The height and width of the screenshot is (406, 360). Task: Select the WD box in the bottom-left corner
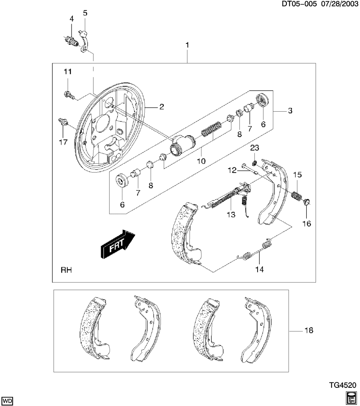click(8, 400)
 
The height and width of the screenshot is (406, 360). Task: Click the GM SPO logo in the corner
click(351, 398)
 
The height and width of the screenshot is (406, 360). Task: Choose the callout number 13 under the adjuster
click(230, 215)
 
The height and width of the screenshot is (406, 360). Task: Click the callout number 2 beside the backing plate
click(161, 107)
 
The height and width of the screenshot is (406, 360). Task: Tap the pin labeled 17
click(63, 123)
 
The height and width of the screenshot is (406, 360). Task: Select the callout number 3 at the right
click(290, 111)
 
